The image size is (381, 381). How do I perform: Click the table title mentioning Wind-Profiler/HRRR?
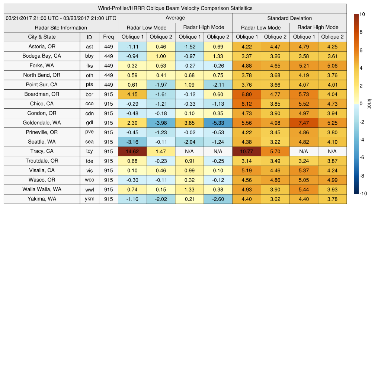click(x=175, y=8)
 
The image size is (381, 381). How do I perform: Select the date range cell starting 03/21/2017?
click(x=61, y=18)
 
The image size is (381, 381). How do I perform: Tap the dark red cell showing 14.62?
click(x=132, y=151)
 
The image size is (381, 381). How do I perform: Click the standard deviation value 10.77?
click(x=246, y=151)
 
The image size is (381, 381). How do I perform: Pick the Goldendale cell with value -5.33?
click(x=218, y=122)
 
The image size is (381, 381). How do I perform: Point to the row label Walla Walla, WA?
click(x=42, y=189)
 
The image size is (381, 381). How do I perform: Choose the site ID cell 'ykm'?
click(x=89, y=199)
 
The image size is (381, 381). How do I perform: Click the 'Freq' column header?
click(x=108, y=37)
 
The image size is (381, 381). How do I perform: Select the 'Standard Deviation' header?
click(x=289, y=18)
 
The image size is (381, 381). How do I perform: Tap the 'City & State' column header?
click(x=42, y=37)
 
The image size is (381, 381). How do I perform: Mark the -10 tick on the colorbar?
click(x=363, y=193)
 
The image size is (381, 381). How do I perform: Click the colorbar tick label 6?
click(x=361, y=50)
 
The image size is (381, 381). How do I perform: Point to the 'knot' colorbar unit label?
click(x=369, y=104)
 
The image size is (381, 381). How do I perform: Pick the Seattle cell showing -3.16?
click(x=132, y=142)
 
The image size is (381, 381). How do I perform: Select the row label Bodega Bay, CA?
click(x=42, y=56)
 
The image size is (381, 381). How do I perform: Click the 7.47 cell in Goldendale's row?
click(x=304, y=122)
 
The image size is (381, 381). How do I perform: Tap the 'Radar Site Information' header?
click(x=61, y=28)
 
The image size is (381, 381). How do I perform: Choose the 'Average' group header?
click(x=175, y=18)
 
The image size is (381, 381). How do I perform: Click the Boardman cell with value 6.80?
click(x=246, y=94)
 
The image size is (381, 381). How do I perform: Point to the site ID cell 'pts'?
click(x=89, y=84)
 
